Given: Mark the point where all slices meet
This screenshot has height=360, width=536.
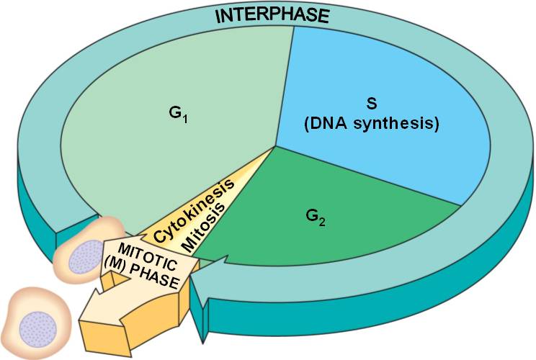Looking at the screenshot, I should click(x=274, y=147).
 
